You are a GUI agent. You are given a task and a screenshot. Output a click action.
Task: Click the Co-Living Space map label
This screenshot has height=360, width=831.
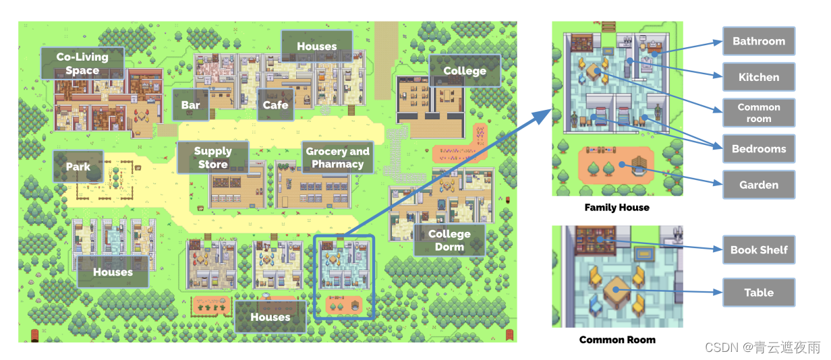(x=83, y=63)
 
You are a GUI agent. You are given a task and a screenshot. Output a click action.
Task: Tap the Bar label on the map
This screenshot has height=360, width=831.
(x=190, y=105)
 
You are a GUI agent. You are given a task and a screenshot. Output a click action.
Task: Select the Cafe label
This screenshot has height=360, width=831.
(x=275, y=105)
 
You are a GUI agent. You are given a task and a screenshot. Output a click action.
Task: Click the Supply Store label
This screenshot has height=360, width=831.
(x=212, y=158)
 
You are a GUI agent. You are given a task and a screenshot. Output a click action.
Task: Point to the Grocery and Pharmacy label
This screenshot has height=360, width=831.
(x=337, y=158)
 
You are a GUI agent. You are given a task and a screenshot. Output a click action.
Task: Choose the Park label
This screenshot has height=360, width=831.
(x=78, y=167)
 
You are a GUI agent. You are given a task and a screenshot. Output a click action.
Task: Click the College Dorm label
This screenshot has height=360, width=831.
(x=449, y=240)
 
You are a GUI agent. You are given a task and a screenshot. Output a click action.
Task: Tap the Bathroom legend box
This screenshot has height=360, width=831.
(x=759, y=41)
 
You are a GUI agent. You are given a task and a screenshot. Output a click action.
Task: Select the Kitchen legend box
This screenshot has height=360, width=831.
(x=759, y=78)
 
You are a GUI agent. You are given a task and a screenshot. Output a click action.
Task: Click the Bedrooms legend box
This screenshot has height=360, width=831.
(x=759, y=149)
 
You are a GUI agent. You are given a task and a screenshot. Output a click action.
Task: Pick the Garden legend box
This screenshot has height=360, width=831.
(x=759, y=185)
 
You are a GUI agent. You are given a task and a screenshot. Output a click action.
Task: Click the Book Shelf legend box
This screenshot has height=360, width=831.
(x=759, y=249)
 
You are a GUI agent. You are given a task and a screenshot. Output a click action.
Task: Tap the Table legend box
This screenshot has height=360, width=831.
(x=759, y=293)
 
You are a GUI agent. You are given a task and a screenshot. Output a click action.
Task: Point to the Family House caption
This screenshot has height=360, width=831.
(x=617, y=208)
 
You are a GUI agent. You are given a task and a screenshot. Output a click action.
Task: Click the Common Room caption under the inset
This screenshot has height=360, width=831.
(x=617, y=340)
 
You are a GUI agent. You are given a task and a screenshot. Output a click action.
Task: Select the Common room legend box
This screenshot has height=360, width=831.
(x=759, y=113)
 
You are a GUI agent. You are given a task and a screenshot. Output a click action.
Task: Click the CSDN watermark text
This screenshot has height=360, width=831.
(x=762, y=347)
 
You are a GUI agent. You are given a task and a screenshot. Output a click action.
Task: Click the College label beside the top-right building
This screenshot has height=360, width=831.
(x=464, y=71)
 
